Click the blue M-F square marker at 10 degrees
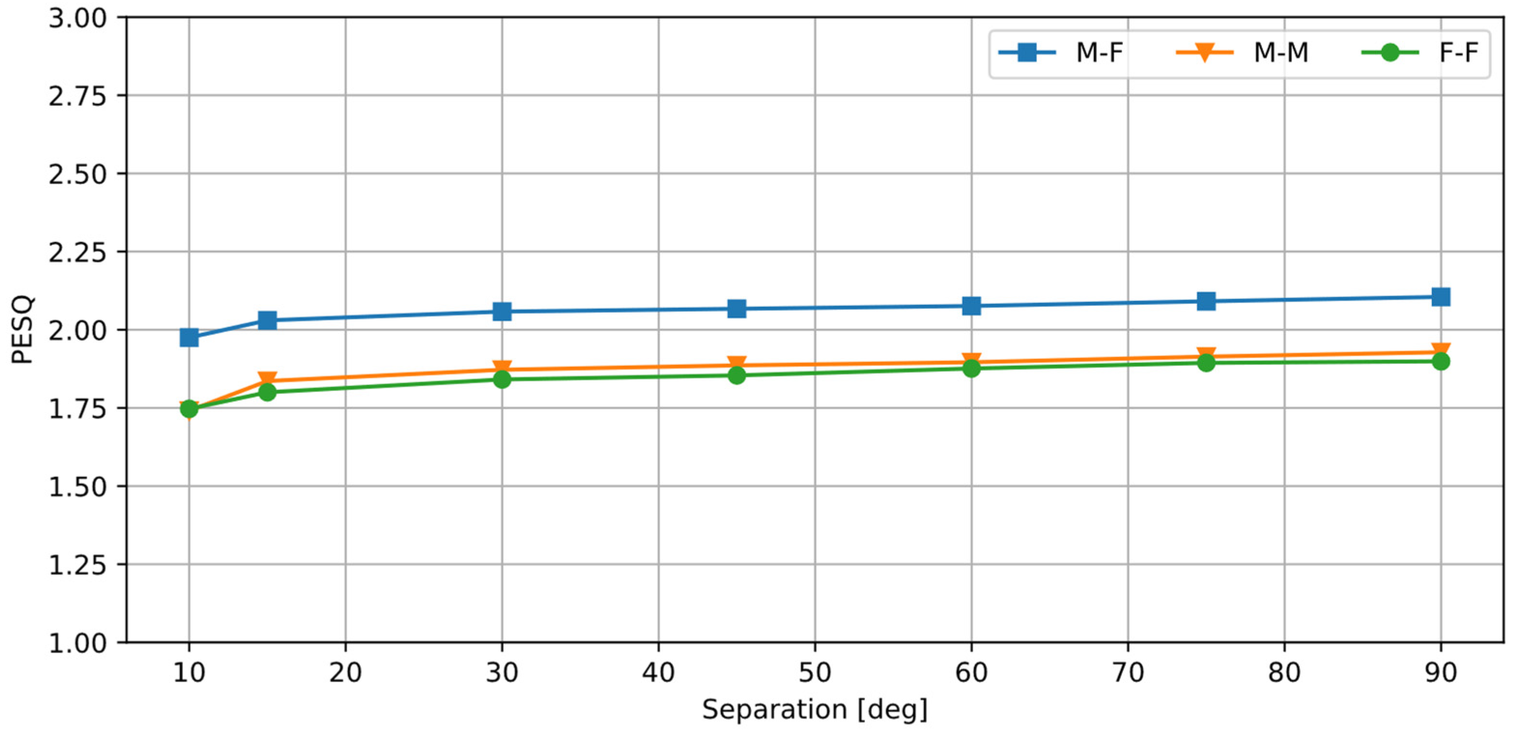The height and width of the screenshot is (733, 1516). (189, 337)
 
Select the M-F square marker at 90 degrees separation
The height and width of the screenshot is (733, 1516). (1440, 297)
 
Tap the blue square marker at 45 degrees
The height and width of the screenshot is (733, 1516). (736, 308)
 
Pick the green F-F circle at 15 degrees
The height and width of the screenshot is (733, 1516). (267, 392)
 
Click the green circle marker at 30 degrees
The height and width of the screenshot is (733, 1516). (502, 379)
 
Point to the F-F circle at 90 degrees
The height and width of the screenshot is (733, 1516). (1440, 361)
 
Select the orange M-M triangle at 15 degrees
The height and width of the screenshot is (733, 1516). (267, 379)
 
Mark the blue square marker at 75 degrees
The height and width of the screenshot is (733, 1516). (1206, 302)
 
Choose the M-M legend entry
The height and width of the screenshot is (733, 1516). (1242, 53)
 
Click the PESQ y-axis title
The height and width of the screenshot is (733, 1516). (22, 330)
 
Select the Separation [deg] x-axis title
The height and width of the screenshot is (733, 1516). (814, 709)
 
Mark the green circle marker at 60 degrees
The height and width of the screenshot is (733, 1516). (971, 368)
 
